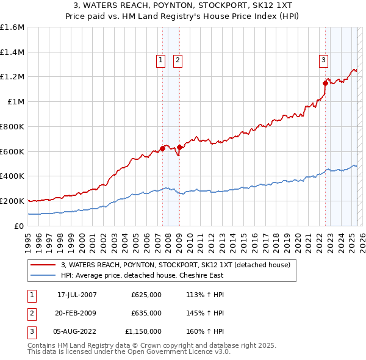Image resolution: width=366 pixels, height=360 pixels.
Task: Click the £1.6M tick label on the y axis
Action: tap(12, 27)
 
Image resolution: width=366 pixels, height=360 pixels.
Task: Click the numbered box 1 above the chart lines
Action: tap(160, 60)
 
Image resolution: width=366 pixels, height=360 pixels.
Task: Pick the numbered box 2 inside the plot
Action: tap(178, 60)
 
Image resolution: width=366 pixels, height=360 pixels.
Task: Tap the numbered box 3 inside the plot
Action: tap(323, 60)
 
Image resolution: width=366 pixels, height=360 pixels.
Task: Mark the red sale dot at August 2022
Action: tap(325, 84)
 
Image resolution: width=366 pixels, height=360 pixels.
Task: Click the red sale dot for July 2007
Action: tap(163, 148)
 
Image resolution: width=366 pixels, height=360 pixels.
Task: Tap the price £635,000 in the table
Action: tap(146, 313)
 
